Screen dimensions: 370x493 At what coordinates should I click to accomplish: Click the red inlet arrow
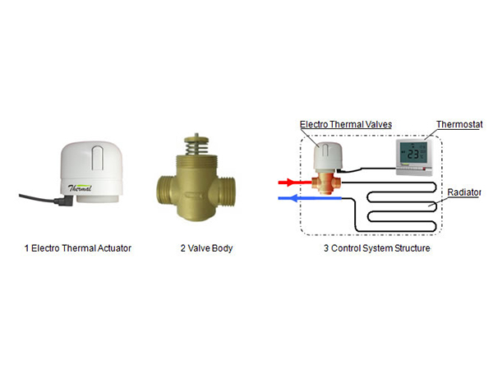[x=289, y=183]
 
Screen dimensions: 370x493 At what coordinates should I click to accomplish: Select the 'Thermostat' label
[x=456, y=125]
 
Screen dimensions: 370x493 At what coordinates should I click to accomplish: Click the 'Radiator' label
[x=464, y=192]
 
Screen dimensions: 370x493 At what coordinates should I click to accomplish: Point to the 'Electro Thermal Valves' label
[x=345, y=124]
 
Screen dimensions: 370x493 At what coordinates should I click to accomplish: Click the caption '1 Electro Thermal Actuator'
[x=78, y=247]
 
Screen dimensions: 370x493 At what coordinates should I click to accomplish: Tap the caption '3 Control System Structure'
[x=374, y=247]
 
